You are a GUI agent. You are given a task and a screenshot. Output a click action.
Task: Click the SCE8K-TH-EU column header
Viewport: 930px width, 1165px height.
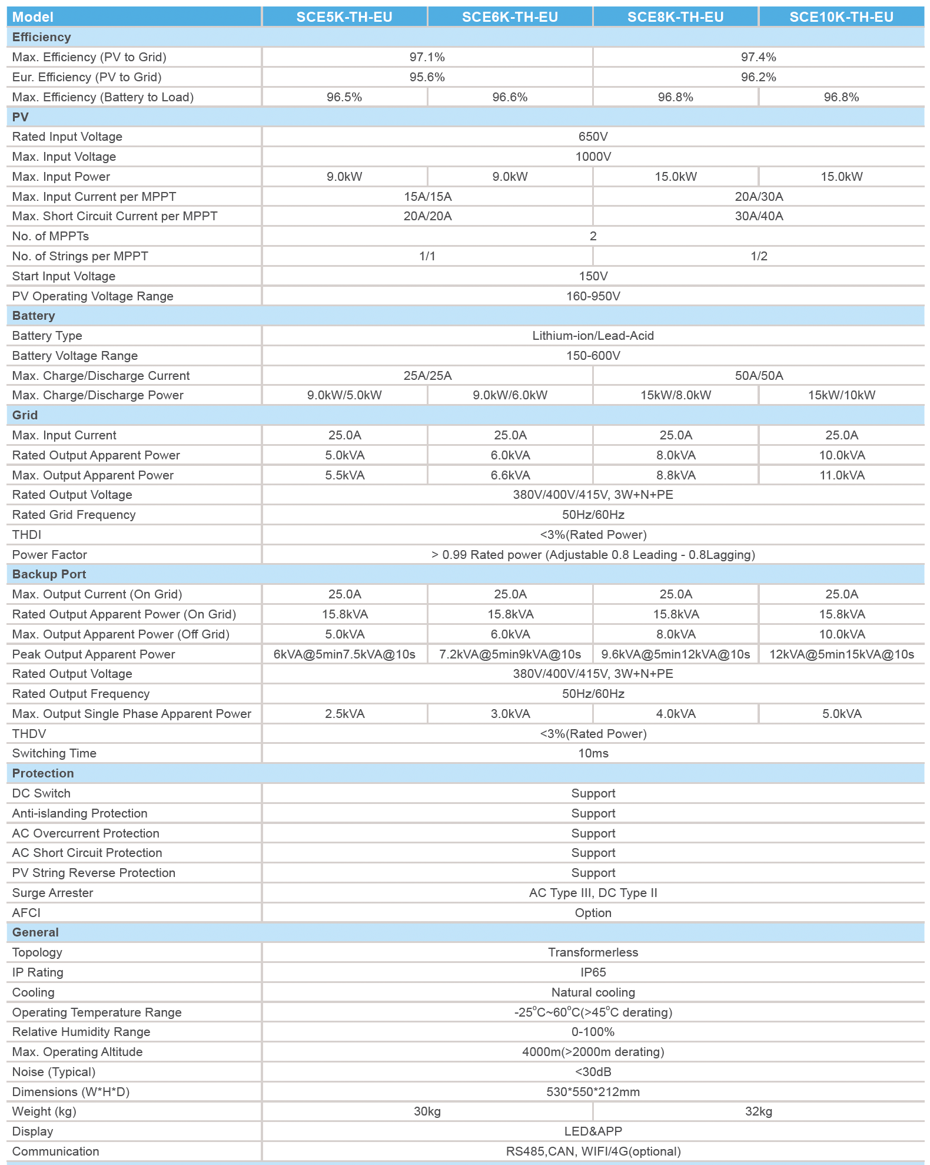(x=675, y=17)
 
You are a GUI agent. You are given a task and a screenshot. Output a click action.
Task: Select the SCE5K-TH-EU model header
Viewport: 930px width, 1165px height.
(x=344, y=17)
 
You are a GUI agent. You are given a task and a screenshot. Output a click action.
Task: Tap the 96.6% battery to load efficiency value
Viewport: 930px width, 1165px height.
(x=510, y=97)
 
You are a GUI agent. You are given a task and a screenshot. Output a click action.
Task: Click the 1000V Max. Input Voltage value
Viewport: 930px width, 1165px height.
(x=593, y=157)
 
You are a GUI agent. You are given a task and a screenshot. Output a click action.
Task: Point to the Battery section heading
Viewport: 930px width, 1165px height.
(x=34, y=316)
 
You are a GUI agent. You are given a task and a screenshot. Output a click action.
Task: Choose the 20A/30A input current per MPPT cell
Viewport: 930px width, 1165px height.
(x=759, y=197)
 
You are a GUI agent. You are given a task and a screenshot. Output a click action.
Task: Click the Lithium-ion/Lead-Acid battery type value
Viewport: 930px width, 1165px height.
(x=593, y=336)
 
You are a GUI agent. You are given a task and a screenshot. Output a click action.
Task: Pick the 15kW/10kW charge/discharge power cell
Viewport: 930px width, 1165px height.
(x=841, y=395)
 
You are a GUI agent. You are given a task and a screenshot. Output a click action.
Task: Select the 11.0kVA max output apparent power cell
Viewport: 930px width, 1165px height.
(x=842, y=475)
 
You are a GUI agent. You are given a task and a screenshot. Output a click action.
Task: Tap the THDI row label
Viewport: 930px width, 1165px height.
(x=26, y=535)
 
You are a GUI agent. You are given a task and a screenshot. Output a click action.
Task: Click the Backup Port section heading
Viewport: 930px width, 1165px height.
(x=49, y=574)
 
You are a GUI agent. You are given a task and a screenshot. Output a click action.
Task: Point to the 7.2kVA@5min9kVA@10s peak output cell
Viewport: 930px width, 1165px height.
(x=510, y=654)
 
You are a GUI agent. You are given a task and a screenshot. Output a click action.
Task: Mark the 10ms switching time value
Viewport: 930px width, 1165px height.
(x=593, y=753)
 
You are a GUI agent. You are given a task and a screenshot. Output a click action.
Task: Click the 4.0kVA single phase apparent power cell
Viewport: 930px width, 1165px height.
(x=676, y=714)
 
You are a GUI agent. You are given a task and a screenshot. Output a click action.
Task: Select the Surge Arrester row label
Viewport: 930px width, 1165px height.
(x=52, y=893)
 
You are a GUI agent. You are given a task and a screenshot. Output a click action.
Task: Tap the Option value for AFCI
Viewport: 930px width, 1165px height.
(x=593, y=913)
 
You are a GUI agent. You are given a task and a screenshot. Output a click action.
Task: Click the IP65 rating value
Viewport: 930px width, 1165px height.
(x=593, y=972)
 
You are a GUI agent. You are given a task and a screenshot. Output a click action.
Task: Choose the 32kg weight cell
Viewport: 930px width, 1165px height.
(x=758, y=1111)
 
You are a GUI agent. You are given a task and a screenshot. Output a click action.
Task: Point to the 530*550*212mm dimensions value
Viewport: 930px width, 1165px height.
(x=593, y=1092)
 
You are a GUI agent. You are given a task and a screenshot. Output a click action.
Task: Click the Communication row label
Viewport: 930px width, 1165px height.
(x=55, y=1151)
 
